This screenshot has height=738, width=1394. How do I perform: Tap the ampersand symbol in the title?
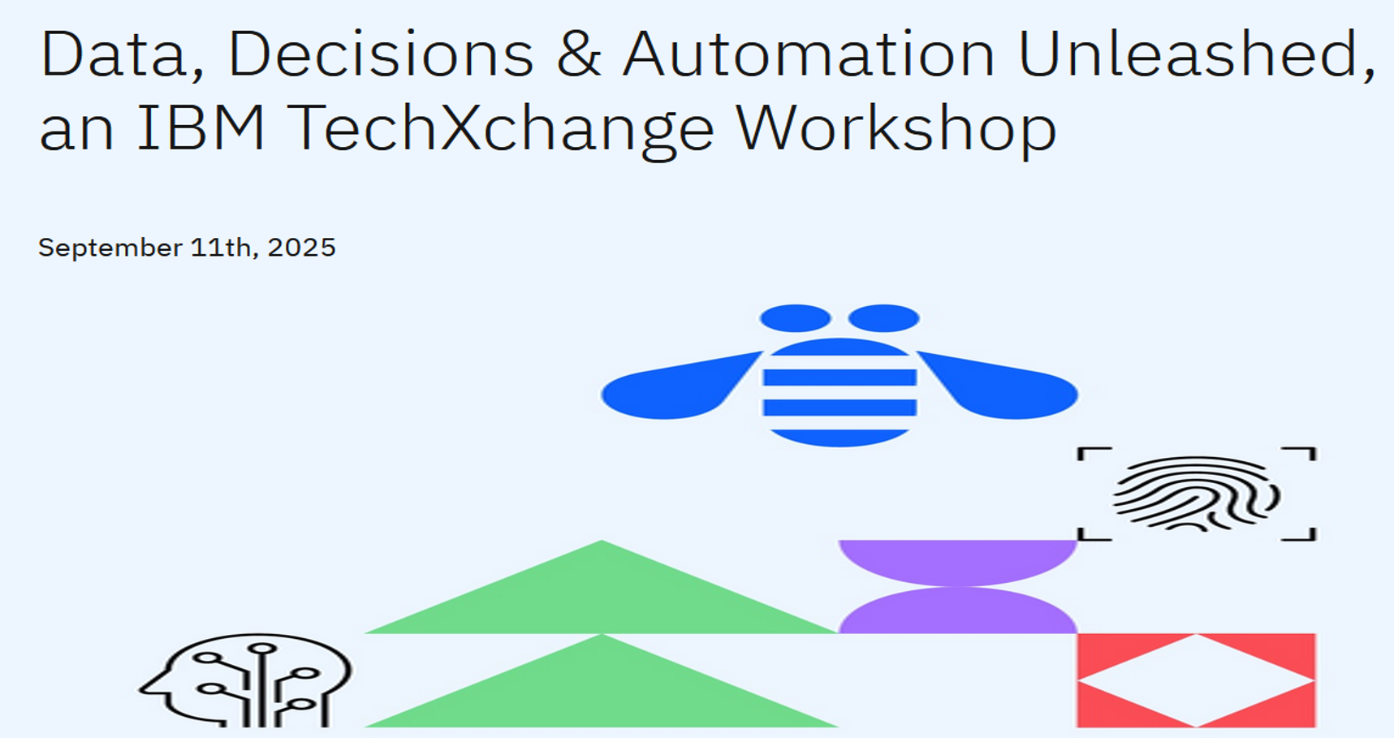pos(579,54)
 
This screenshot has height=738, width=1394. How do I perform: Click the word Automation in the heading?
pos(809,54)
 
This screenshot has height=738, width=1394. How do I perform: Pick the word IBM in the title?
pos(201,127)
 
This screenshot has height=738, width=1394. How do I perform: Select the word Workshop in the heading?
pos(896,131)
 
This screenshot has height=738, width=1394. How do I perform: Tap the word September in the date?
pos(110,248)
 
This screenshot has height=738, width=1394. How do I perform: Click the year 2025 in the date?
pos(301,247)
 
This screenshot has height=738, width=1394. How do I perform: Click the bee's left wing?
pos(680,386)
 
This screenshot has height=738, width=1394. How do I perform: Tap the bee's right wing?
pos(998,386)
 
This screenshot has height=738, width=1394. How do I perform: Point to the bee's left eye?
pos(795,318)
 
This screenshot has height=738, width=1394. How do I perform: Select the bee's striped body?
pos(839,392)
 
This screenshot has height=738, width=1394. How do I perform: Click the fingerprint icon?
pos(1196,493)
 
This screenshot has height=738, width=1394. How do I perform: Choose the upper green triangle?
pos(602,597)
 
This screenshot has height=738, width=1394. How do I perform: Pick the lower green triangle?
pos(602,690)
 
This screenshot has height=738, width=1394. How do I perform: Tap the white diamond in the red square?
pos(1196,680)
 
